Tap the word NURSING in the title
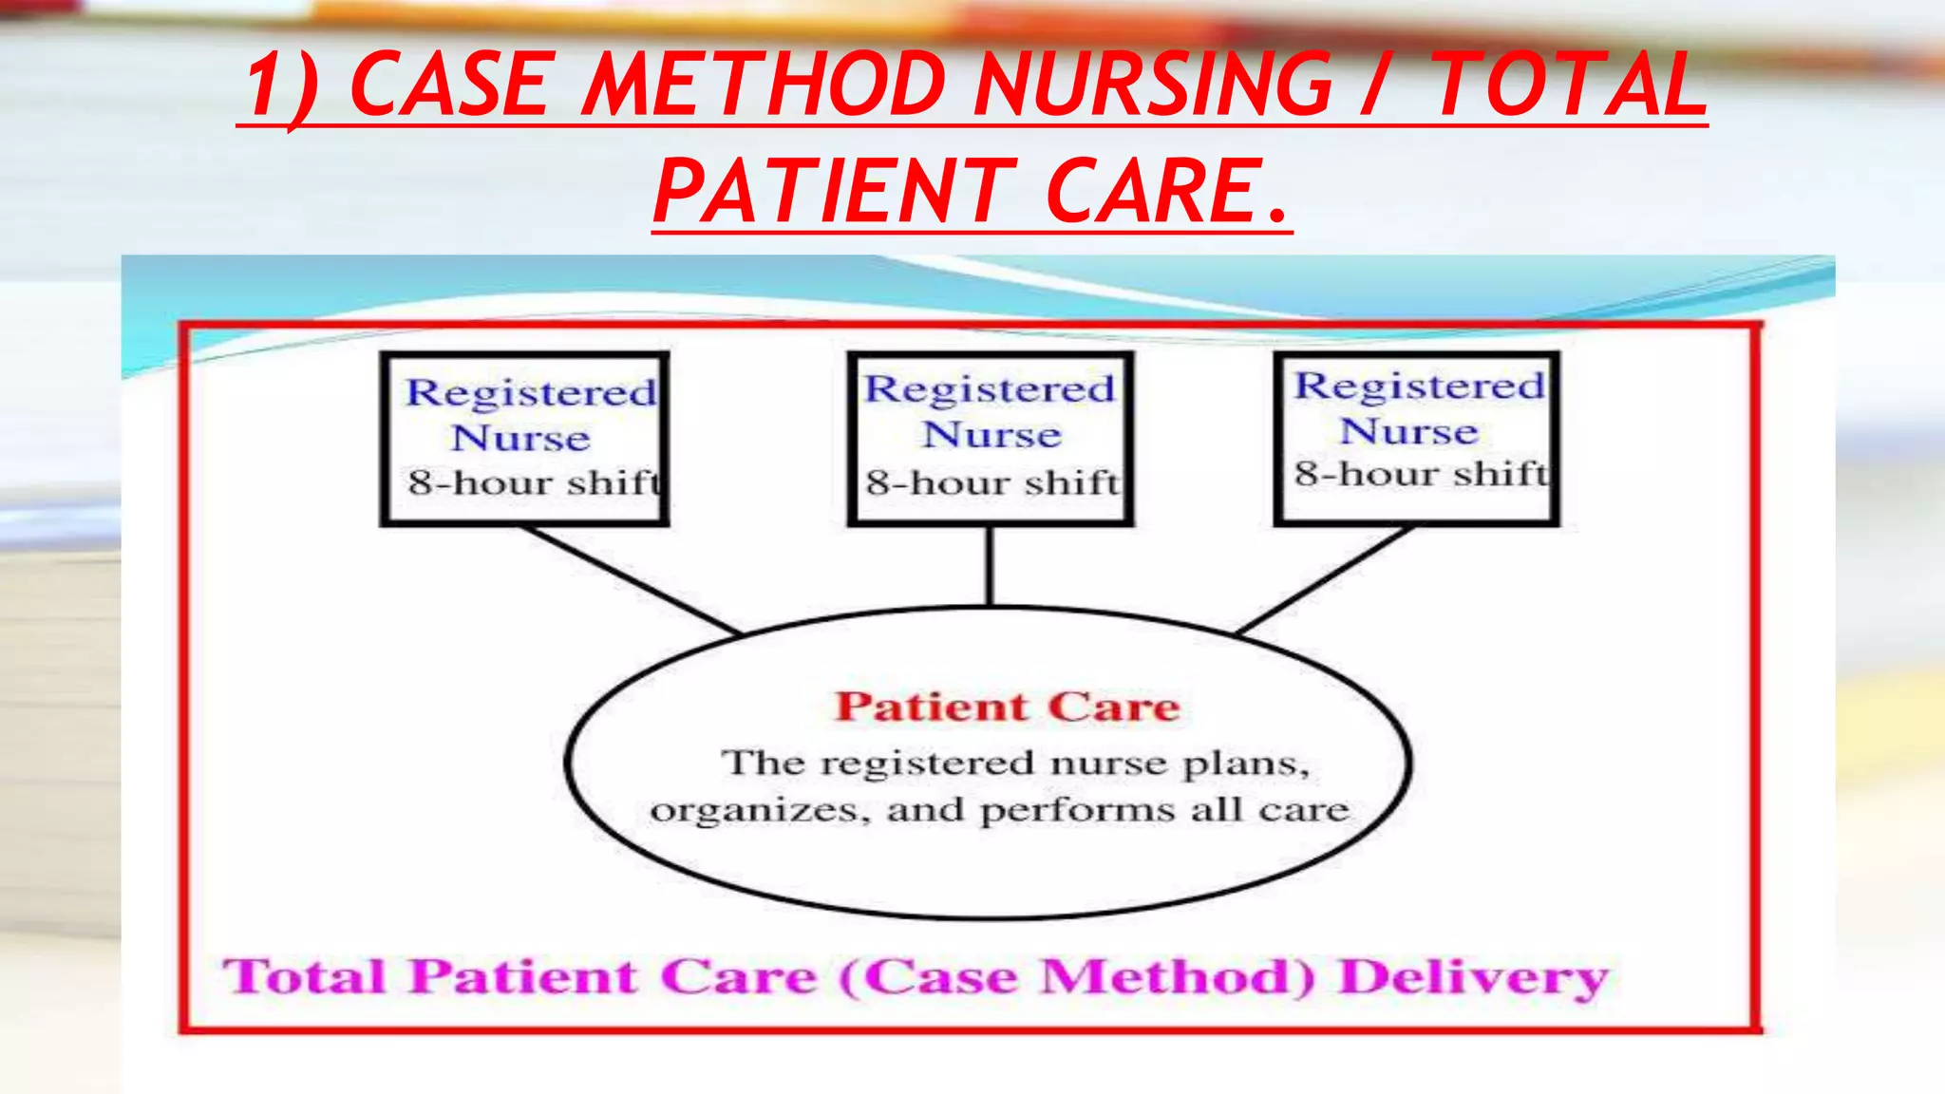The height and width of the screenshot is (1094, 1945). click(x=1154, y=85)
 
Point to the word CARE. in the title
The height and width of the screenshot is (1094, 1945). click(x=1168, y=192)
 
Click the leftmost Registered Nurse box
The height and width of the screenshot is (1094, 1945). click(x=524, y=439)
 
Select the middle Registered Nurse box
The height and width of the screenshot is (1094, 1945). click(x=991, y=439)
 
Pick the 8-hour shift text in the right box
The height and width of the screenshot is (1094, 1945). click(x=1421, y=474)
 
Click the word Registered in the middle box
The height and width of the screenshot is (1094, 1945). click(x=990, y=389)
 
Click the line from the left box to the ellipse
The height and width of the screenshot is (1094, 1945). click(x=631, y=580)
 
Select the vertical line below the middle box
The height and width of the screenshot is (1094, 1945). click(x=990, y=566)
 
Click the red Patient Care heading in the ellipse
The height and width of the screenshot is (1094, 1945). click(x=1007, y=707)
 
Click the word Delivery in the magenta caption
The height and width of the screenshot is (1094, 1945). click(x=1474, y=978)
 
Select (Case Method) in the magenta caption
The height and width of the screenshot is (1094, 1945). click(x=1078, y=978)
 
